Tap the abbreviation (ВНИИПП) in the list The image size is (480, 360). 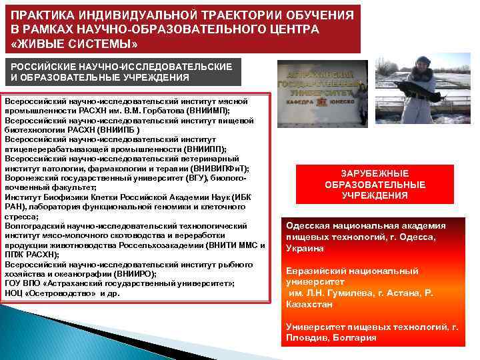pyautogui.click(x=200, y=149)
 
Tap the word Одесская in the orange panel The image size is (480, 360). pyautogui.click(x=307, y=225)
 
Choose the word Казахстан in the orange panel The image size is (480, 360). pyautogui.click(x=309, y=304)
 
